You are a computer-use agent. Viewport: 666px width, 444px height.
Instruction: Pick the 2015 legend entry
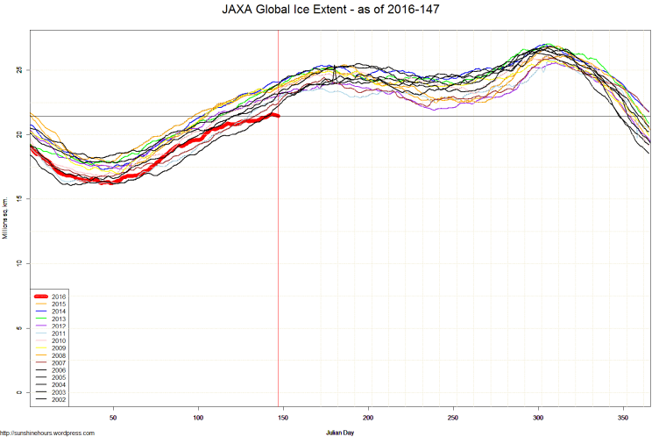59,304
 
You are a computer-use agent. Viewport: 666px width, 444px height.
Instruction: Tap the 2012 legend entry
59,326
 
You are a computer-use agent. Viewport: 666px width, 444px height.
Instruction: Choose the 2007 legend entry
59,362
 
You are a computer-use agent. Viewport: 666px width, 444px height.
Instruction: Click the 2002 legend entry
59,399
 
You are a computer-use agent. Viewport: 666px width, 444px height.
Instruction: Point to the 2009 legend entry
59,348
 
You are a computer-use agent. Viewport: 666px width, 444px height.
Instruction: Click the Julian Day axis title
340,433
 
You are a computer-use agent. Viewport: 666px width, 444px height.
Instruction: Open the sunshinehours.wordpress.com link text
47,433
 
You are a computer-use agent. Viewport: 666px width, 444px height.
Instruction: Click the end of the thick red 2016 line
278,115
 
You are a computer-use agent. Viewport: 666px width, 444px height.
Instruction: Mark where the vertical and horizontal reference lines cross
278,116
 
